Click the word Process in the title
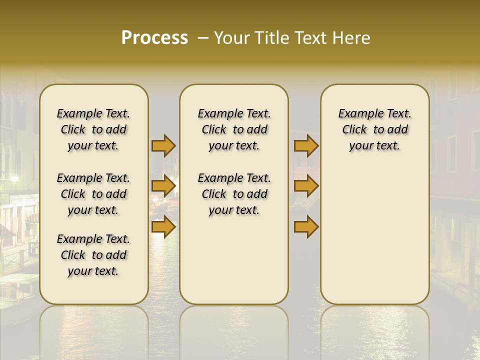154,38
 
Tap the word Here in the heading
350,38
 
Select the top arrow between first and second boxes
163,146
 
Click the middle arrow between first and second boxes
163,186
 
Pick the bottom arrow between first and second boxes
163,227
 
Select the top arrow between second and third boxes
306,146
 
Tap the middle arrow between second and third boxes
306,186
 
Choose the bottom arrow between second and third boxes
306,227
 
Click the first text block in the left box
93,129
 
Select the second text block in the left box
93,194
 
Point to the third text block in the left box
93,255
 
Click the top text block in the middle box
234,129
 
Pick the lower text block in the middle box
234,194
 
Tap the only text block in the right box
374,129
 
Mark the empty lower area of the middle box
234,260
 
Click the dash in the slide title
203,38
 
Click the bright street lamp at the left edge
14,178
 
